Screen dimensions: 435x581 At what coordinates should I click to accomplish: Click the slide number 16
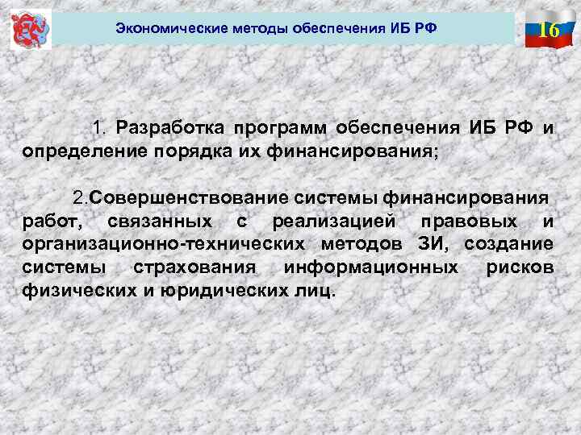(550, 30)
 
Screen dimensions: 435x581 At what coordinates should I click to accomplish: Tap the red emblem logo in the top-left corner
(31, 30)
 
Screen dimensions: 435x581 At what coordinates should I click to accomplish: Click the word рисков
(520, 267)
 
